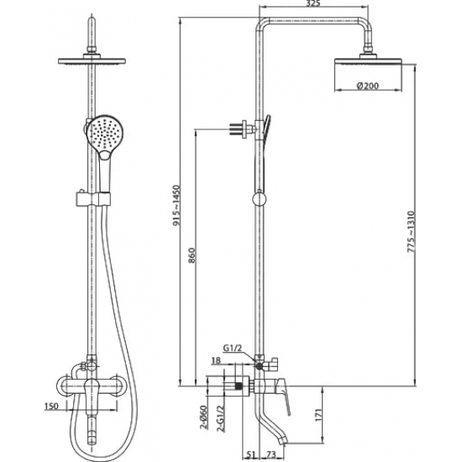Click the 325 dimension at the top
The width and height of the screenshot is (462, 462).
[313, 3]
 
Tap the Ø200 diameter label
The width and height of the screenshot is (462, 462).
[367, 86]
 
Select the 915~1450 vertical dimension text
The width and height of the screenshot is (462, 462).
[176, 206]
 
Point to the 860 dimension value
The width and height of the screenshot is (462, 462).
[192, 255]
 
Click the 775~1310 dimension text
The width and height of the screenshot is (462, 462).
[411, 232]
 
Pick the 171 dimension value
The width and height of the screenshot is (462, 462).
[319, 415]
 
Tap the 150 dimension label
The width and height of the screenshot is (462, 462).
[51, 407]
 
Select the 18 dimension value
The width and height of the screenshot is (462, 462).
[216, 360]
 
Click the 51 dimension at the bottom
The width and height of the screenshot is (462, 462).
[250, 454]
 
